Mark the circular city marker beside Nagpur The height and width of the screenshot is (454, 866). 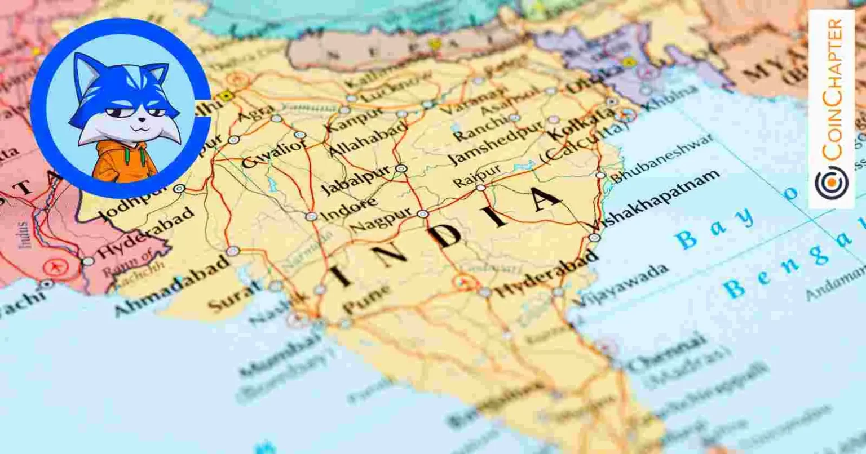point(422,214)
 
